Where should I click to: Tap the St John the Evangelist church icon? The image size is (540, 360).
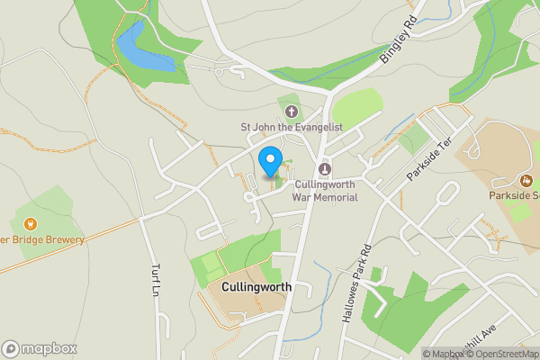291,112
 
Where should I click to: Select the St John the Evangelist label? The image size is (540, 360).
291,128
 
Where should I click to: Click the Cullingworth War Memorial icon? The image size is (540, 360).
325,168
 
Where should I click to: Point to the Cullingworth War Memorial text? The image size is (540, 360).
325,190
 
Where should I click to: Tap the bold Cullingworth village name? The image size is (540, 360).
256,286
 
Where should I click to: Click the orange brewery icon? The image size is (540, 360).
30,223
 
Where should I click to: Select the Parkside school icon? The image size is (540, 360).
526,179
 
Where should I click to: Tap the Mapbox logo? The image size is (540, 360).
40,348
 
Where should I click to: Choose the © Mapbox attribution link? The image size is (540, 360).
443,354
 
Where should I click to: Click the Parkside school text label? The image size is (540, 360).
514,195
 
